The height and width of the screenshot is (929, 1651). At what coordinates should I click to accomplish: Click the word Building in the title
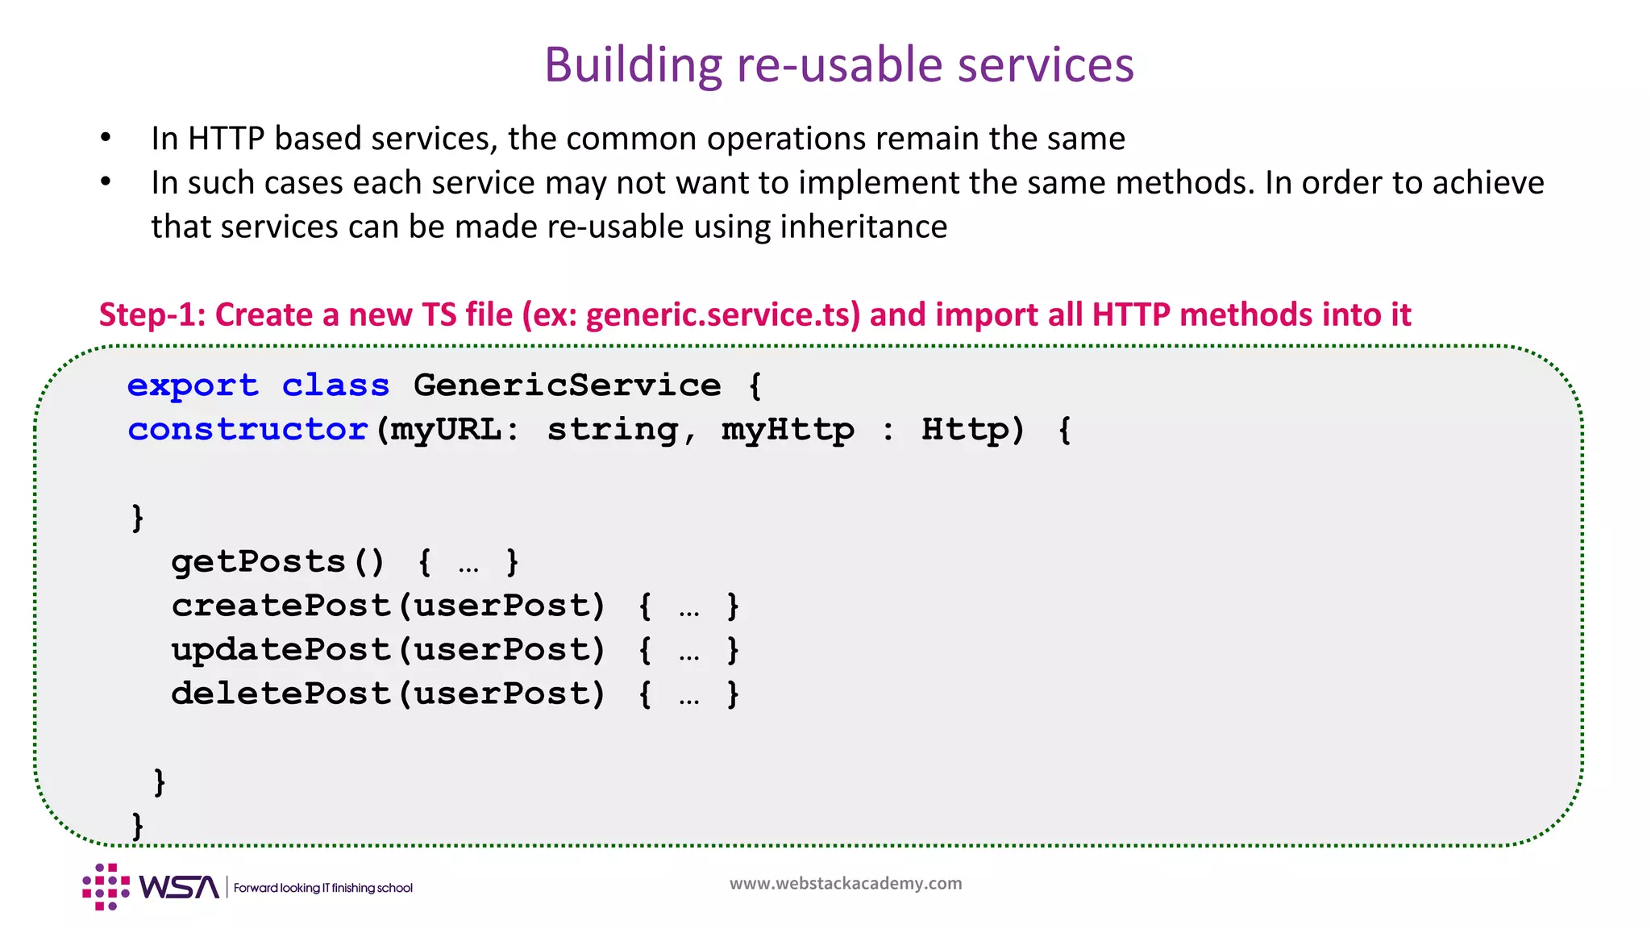click(633, 65)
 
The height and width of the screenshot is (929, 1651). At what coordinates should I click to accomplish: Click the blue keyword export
click(193, 385)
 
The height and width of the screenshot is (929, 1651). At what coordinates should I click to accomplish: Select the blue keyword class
click(335, 385)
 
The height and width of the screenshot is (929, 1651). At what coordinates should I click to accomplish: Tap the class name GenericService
click(567, 385)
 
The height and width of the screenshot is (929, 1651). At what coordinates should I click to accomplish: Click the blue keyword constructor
click(248, 429)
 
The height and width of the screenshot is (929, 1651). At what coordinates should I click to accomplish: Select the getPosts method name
click(258, 561)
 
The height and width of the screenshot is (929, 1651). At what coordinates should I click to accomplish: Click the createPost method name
click(281, 606)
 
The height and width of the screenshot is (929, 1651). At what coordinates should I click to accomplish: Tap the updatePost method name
click(281, 650)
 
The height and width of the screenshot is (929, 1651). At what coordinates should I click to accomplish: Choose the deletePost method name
click(281, 694)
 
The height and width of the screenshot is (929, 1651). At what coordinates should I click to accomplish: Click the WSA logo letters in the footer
click(179, 887)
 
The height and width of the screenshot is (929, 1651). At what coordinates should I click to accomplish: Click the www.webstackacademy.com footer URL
click(846, 883)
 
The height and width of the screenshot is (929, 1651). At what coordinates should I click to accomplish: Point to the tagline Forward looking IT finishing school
click(322, 888)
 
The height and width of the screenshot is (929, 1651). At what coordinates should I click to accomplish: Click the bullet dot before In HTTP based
click(106, 139)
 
